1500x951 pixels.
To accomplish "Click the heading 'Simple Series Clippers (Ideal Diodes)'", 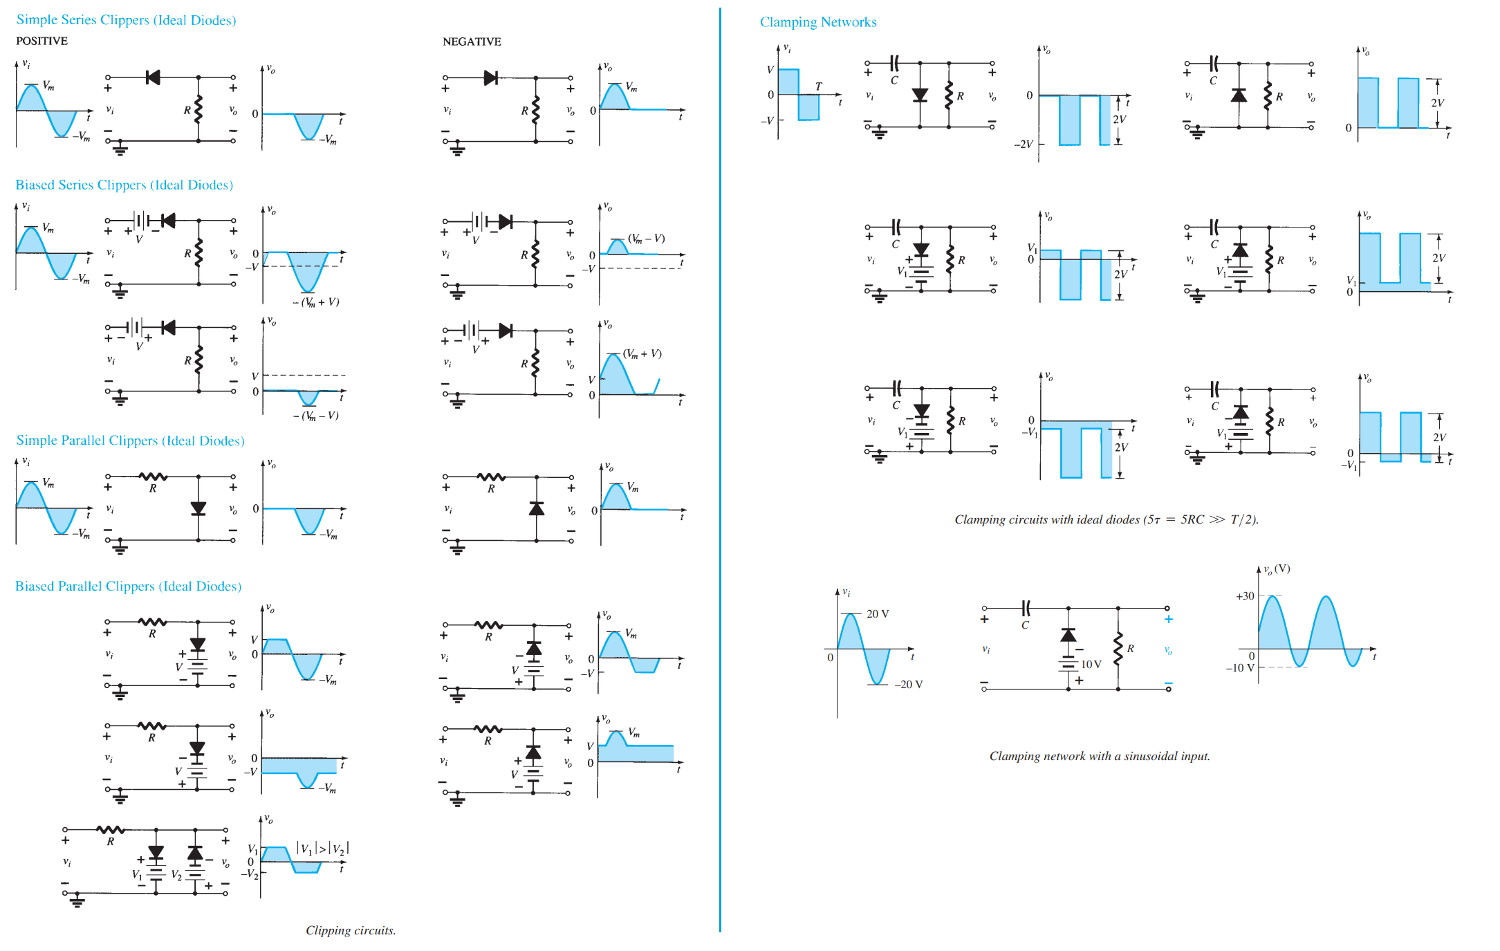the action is [x=127, y=20].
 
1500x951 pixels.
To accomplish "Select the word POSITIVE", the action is [x=42, y=41].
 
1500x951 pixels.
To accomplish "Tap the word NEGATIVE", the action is [x=472, y=41].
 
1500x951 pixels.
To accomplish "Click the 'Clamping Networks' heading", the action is [x=818, y=22].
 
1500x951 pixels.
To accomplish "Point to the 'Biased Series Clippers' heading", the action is [x=124, y=185].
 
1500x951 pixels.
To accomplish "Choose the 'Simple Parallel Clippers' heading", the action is [x=131, y=441].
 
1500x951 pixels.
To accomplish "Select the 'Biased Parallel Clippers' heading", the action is [x=129, y=586].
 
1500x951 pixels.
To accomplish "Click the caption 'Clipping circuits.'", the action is [x=351, y=930].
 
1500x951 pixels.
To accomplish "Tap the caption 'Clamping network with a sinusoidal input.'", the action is [x=1100, y=756].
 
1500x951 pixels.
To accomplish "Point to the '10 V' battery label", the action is [x=1091, y=664].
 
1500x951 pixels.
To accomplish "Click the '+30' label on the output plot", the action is [x=1245, y=595].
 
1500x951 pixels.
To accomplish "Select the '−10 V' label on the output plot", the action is [x=1239, y=667].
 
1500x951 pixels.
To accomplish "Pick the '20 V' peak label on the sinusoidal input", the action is [x=878, y=613].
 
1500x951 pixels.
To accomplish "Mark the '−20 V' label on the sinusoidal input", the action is [x=909, y=684].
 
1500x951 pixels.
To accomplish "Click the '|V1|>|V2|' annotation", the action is [x=323, y=849].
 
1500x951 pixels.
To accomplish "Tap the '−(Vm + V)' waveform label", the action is [x=316, y=302].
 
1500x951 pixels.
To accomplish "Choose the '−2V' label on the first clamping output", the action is [x=1023, y=144].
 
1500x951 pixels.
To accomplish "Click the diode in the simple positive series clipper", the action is [x=154, y=77].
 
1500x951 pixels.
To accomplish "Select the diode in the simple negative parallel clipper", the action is [x=536, y=509].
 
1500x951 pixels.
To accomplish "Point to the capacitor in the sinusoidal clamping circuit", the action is [x=1026, y=608].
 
